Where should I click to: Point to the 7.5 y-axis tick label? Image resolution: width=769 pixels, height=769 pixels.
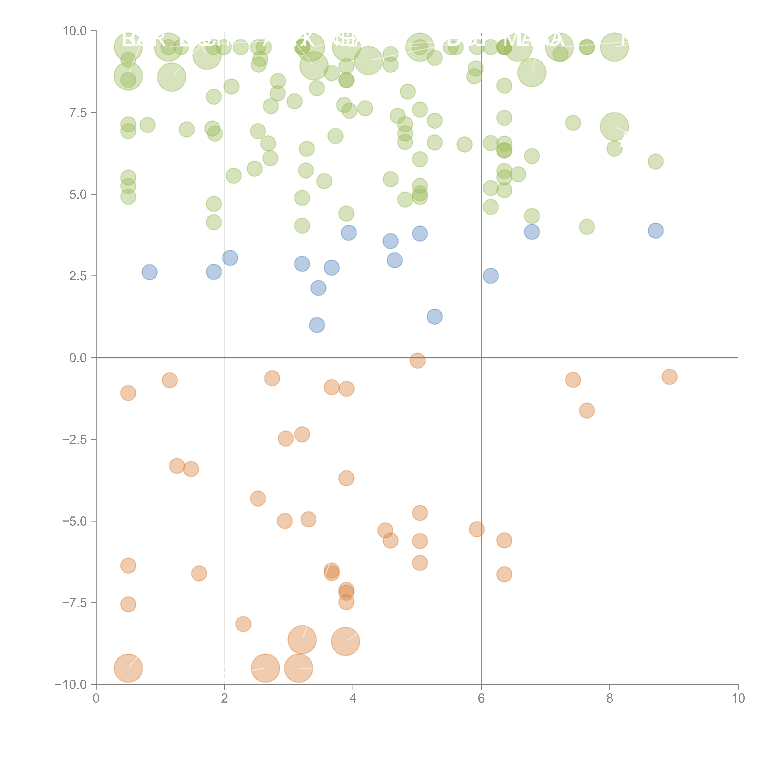pyautogui.click(x=78, y=113)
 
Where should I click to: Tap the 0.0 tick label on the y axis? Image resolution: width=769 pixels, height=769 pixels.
pyautogui.click(x=78, y=358)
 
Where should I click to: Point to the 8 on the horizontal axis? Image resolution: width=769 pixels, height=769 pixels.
pyautogui.click(x=610, y=699)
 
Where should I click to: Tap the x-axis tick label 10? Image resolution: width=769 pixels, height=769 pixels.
pyautogui.click(x=738, y=699)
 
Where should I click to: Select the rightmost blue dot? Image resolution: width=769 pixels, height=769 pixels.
pyautogui.click(x=655, y=230)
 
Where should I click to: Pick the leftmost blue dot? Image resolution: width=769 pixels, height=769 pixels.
pyautogui.click(x=149, y=272)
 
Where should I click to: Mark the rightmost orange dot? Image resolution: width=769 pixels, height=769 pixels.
pyautogui.click(x=669, y=377)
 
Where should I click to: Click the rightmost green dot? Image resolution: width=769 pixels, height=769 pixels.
pyautogui.click(x=655, y=162)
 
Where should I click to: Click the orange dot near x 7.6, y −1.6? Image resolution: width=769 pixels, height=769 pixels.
pyautogui.click(x=587, y=410)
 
